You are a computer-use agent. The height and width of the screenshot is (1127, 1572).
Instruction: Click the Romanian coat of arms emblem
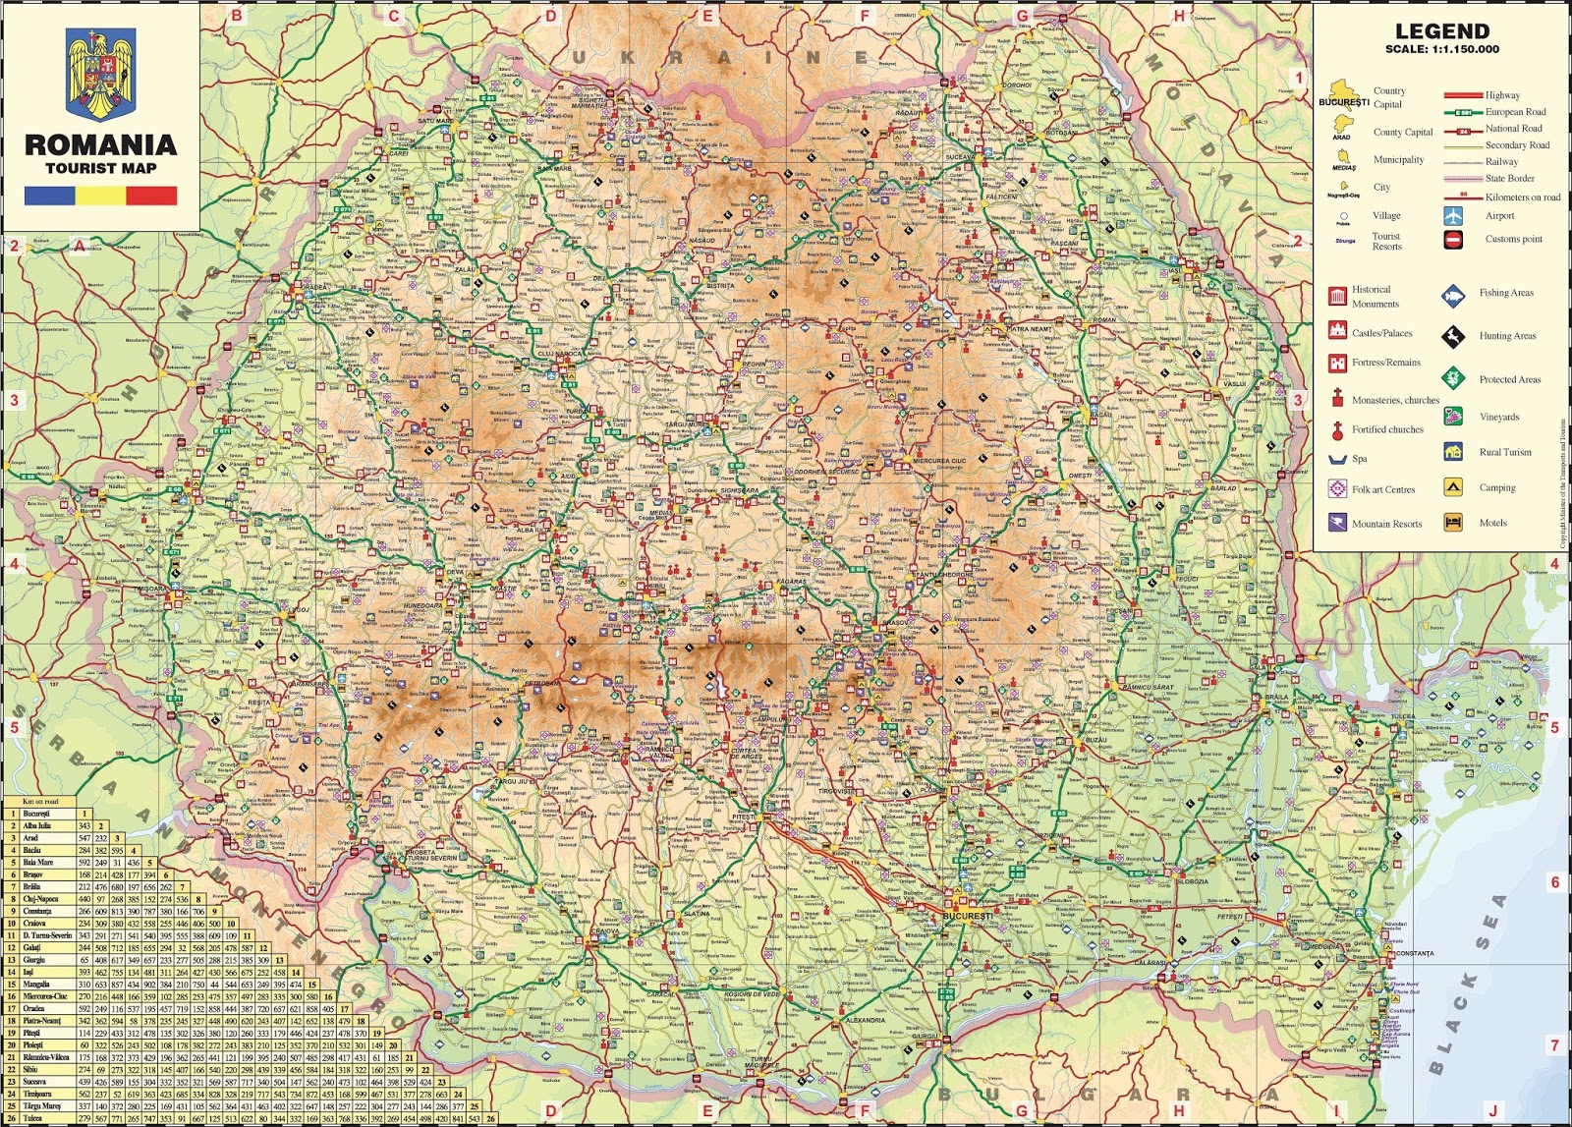[100, 74]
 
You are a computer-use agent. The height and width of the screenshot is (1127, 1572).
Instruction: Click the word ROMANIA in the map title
[100, 145]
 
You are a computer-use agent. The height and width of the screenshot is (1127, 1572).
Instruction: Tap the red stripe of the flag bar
[151, 197]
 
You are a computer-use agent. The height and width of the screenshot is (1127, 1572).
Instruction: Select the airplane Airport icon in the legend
[1453, 216]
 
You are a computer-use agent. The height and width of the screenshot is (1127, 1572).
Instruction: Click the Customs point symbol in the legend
[1453, 239]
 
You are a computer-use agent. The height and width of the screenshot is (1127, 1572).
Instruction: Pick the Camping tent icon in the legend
[1453, 487]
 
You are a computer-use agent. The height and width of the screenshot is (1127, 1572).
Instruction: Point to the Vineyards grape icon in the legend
[1453, 417]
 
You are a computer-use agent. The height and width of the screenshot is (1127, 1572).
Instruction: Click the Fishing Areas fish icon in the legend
[1453, 294]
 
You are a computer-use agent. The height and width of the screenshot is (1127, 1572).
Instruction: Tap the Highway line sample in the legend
[1462, 95]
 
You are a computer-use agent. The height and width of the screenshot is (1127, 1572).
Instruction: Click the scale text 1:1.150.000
[1442, 49]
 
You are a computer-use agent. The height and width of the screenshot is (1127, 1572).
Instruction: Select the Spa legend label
[1359, 459]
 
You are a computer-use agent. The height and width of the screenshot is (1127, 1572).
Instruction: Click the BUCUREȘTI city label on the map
[968, 916]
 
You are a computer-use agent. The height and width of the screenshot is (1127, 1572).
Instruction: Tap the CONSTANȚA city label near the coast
[1413, 953]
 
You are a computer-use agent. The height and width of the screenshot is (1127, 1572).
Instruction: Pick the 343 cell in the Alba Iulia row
[84, 826]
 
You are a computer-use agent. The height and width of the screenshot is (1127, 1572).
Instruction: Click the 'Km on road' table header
[40, 802]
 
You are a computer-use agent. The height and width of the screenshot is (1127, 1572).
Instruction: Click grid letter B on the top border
[236, 15]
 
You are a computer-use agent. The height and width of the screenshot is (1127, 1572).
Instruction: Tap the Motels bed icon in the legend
[1453, 523]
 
